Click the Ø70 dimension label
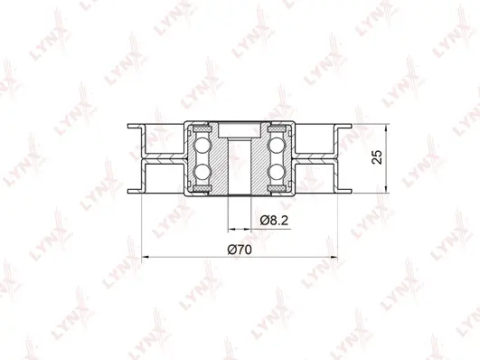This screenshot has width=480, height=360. click(239, 249)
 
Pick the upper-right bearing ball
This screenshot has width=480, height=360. click(278, 144)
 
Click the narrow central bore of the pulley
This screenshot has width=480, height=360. click(239, 167)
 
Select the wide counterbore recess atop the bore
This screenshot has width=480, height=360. click(239, 128)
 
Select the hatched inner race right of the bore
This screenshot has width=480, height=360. click(259, 158)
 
